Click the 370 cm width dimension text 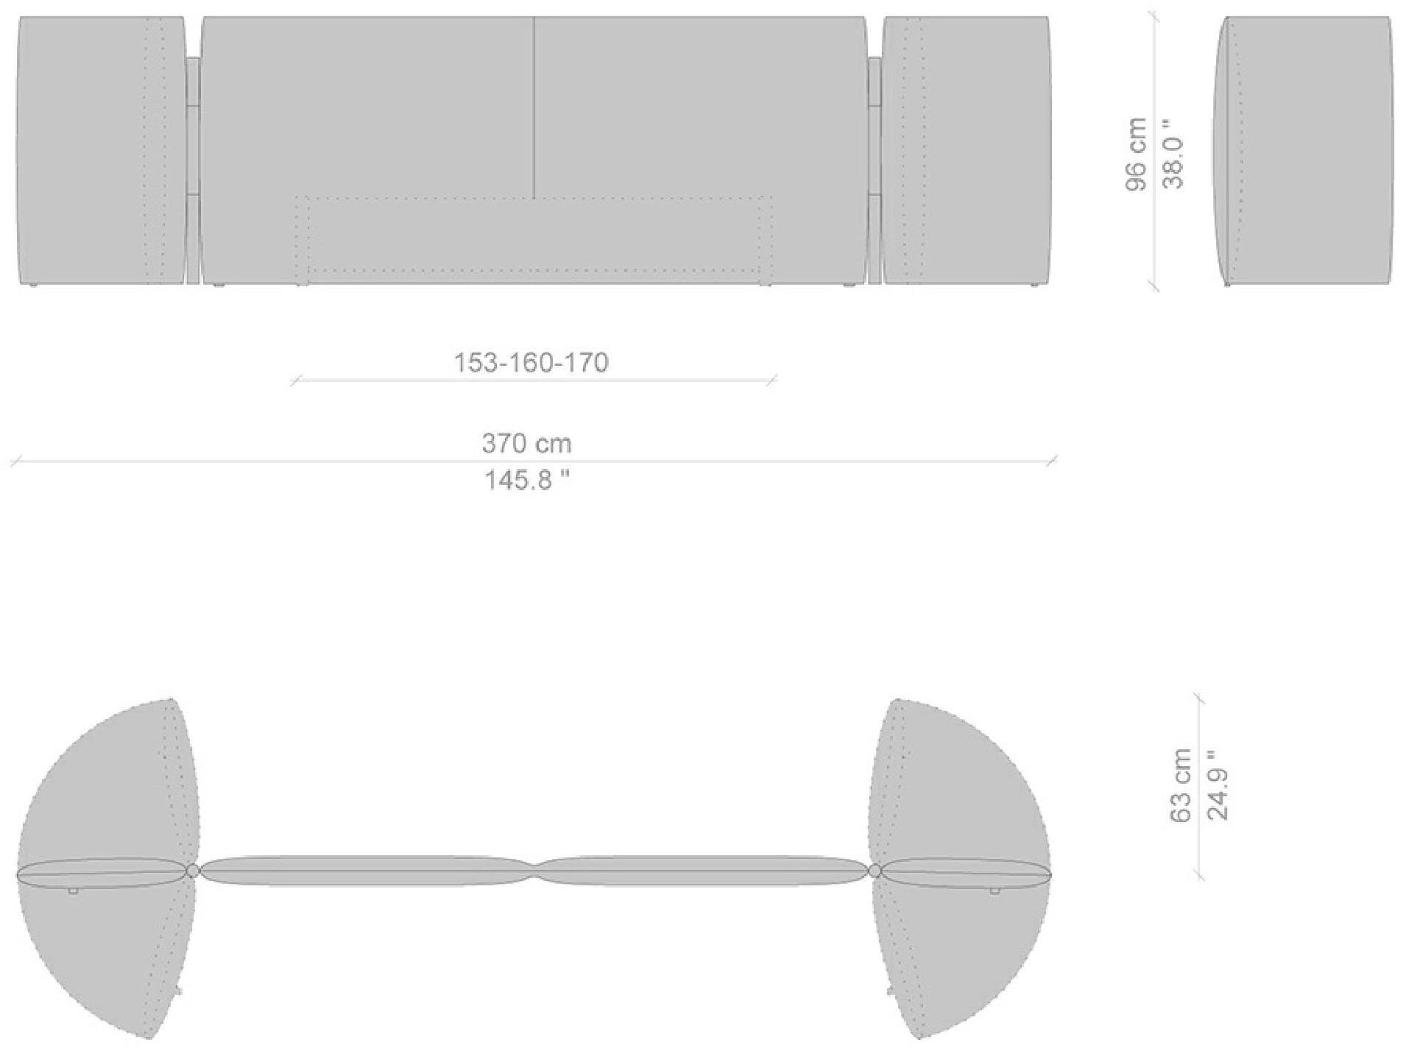coord(526,443)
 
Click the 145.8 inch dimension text coord(526,481)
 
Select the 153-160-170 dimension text coord(531,363)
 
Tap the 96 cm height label coord(1136,154)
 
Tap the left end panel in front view coord(101,151)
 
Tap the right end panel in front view coord(966,151)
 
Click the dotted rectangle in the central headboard coord(534,240)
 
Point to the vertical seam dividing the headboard coord(534,107)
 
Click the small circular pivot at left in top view coord(193,871)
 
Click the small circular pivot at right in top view coord(874,871)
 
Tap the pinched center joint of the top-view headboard coord(534,869)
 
